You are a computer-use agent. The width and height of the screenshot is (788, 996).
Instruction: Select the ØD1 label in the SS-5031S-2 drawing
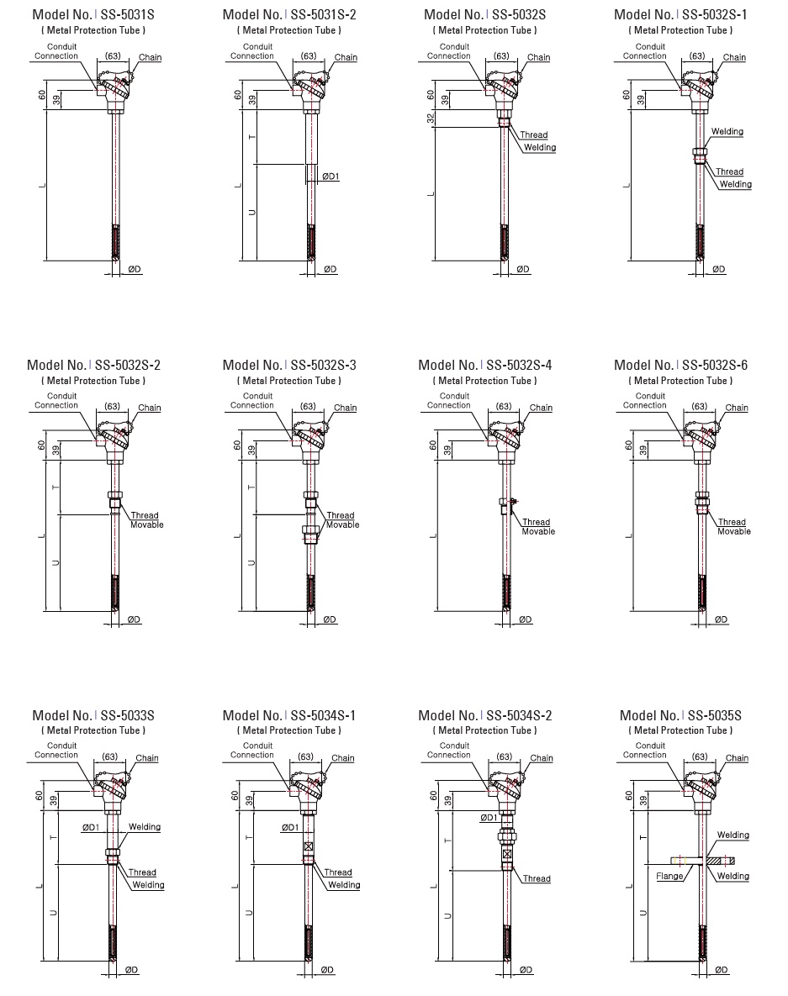[x=331, y=177]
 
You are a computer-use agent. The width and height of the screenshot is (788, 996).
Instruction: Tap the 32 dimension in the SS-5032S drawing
[x=431, y=119]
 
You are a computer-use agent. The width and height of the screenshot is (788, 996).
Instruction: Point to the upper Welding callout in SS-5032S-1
[x=727, y=132]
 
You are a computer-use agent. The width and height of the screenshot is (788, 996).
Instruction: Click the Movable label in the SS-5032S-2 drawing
[x=146, y=525]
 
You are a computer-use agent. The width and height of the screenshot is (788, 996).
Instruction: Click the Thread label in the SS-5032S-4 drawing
[x=536, y=522]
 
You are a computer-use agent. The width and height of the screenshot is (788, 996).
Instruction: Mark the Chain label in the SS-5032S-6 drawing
[x=737, y=408]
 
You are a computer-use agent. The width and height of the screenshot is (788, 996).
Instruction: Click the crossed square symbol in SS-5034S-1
[x=309, y=846]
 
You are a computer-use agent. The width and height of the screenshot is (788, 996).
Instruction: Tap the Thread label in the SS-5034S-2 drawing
[x=537, y=879]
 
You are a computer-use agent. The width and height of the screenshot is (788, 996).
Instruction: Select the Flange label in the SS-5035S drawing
[x=669, y=876]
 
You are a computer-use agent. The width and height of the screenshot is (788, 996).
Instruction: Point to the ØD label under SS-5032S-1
[x=719, y=269]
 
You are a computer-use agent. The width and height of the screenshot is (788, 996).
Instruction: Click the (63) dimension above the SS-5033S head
[x=109, y=756]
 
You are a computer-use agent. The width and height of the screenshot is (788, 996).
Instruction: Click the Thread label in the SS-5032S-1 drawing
[x=729, y=172]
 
